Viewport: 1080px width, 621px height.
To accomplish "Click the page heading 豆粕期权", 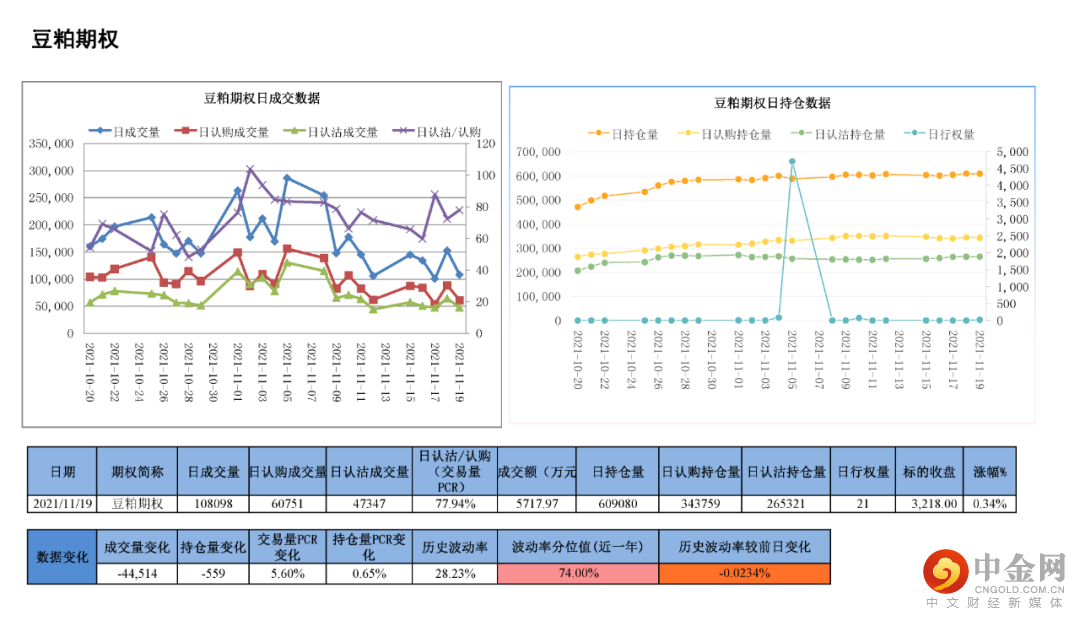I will click(x=75, y=39).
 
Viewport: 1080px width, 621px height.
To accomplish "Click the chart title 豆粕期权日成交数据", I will click(x=262, y=98).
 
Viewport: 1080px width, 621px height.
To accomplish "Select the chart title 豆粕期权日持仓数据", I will click(x=772, y=103).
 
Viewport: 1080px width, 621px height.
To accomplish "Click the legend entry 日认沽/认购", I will click(x=439, y=131).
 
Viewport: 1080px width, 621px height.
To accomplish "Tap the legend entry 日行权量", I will click(x=940, y=134).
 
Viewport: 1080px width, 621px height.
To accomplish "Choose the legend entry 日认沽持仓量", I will click(x=839, y=134).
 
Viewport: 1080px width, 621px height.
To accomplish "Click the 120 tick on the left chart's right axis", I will click(x=487, y=144).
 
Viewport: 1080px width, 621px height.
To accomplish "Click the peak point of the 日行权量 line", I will click(x=792, y=161).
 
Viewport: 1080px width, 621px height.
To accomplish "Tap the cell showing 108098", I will click(x=213, y=504).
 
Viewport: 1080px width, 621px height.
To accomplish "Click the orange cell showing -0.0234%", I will click(x=744, y=573).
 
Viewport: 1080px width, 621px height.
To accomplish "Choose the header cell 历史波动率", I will click(x=455, y=547).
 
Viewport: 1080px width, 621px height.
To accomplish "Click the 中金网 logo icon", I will click(x=946, y=572).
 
